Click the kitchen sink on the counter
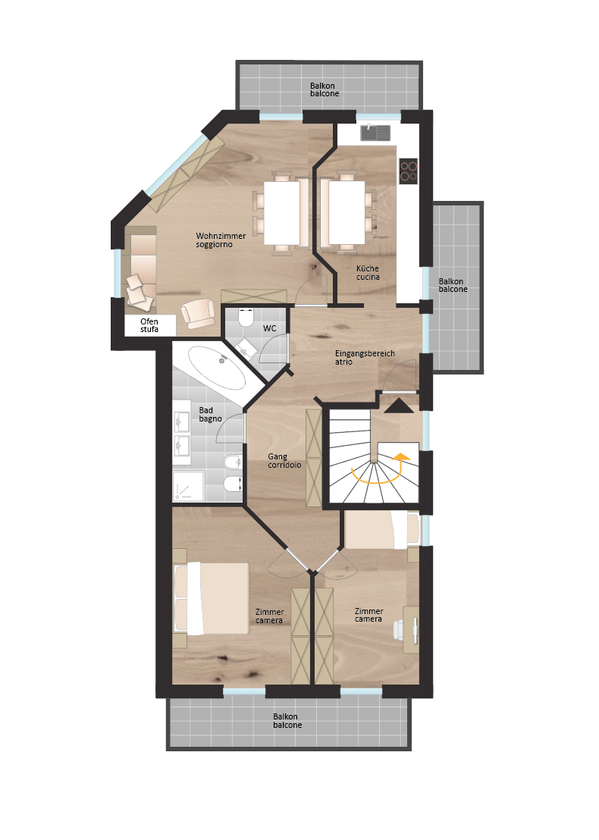coord(375,133)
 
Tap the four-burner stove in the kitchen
coord(408,171)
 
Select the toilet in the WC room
coord(246,317)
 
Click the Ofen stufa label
coord(149,325)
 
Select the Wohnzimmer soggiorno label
coord(220,240)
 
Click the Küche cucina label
coord(368,273)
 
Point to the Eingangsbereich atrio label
coord(365,357)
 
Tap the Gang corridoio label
coord(284,461)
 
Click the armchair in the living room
coord(198,312)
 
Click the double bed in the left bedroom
coord(212,598)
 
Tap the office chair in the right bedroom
coord(400,630)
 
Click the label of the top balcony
coord(325,89)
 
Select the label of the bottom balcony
coord(287,720)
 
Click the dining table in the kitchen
coord(347,213)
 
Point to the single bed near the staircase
coord(381,529)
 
